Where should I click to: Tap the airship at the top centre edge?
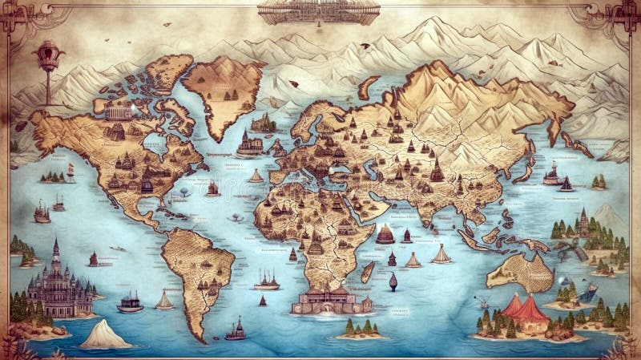319,10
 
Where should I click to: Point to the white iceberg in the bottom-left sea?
104,334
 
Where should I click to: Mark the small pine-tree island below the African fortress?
359,328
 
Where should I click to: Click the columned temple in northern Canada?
119,112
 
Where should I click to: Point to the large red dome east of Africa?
385,234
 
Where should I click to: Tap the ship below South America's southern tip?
236,329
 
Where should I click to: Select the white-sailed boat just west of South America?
164,301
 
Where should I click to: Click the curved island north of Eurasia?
368,86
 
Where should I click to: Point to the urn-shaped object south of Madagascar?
393,281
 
